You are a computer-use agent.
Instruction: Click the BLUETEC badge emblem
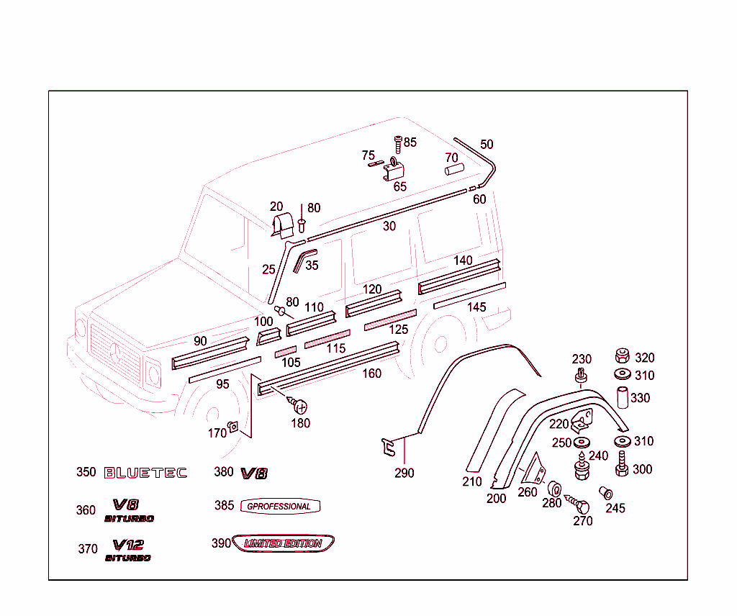point(145,473)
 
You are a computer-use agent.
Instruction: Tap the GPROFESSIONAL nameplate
point(279,506)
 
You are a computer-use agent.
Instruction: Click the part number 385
point(224,506)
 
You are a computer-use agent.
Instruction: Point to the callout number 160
point(371,373)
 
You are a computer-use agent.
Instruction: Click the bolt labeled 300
point(620,465)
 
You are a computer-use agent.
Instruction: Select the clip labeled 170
point(233,428)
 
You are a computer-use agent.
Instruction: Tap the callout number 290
point(404,474)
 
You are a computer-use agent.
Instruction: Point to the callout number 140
point(463,260)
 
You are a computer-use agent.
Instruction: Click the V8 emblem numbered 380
point(253,473)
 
